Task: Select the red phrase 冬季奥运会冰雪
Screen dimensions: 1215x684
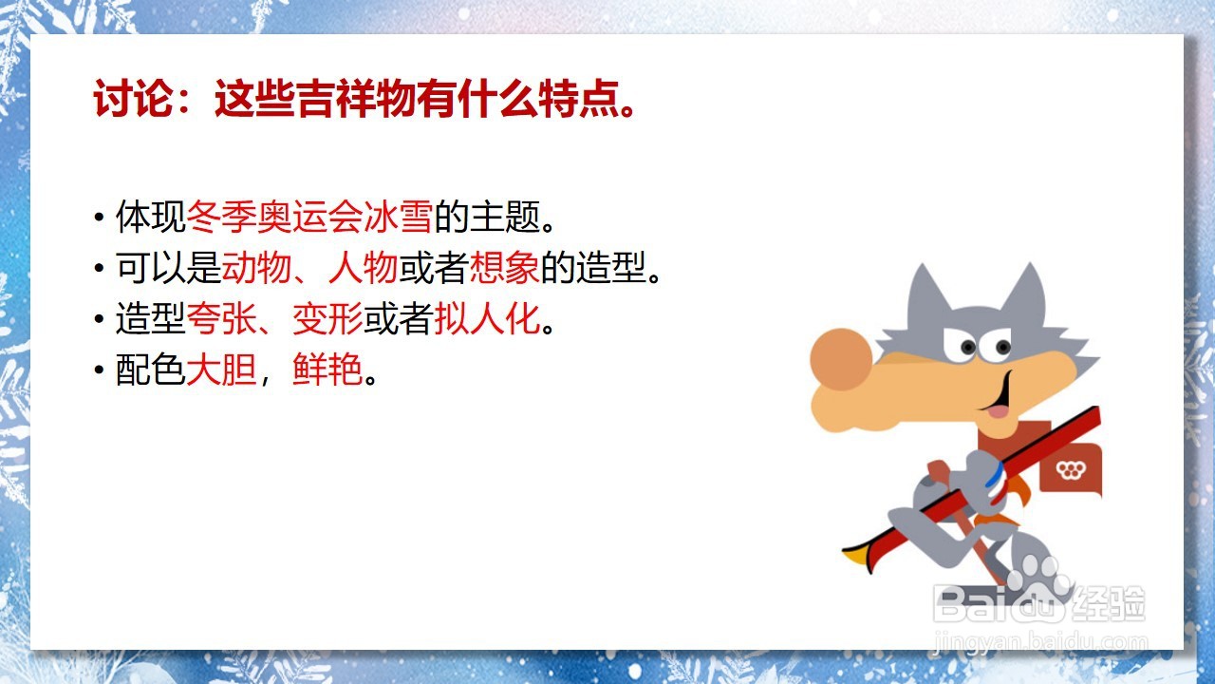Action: [x=309, y=217]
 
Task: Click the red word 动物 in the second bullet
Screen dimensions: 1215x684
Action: [x=256, y=267]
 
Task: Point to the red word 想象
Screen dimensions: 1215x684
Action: [x=504, y=267]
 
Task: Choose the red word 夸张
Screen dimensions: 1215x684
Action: [x=221, y=318]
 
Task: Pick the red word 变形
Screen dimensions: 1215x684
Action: [x=327, y=318]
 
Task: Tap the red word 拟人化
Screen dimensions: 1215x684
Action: [x=487, y=318]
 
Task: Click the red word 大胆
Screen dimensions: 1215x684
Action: [x=221, y=370]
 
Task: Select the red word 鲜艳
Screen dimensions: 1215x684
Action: [x=327, y=370]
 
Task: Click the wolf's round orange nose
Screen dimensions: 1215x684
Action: [x=841, y=359]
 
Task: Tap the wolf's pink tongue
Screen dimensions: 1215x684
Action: [x=998, y=411]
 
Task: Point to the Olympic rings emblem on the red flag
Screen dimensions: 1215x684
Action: [x=1071, y=469]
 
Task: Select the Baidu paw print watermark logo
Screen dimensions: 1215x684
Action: [x=1038, y=585]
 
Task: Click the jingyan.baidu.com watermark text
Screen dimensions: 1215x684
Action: [x=1040, y=643]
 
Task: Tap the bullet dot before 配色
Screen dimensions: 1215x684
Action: [x=99, y=370]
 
